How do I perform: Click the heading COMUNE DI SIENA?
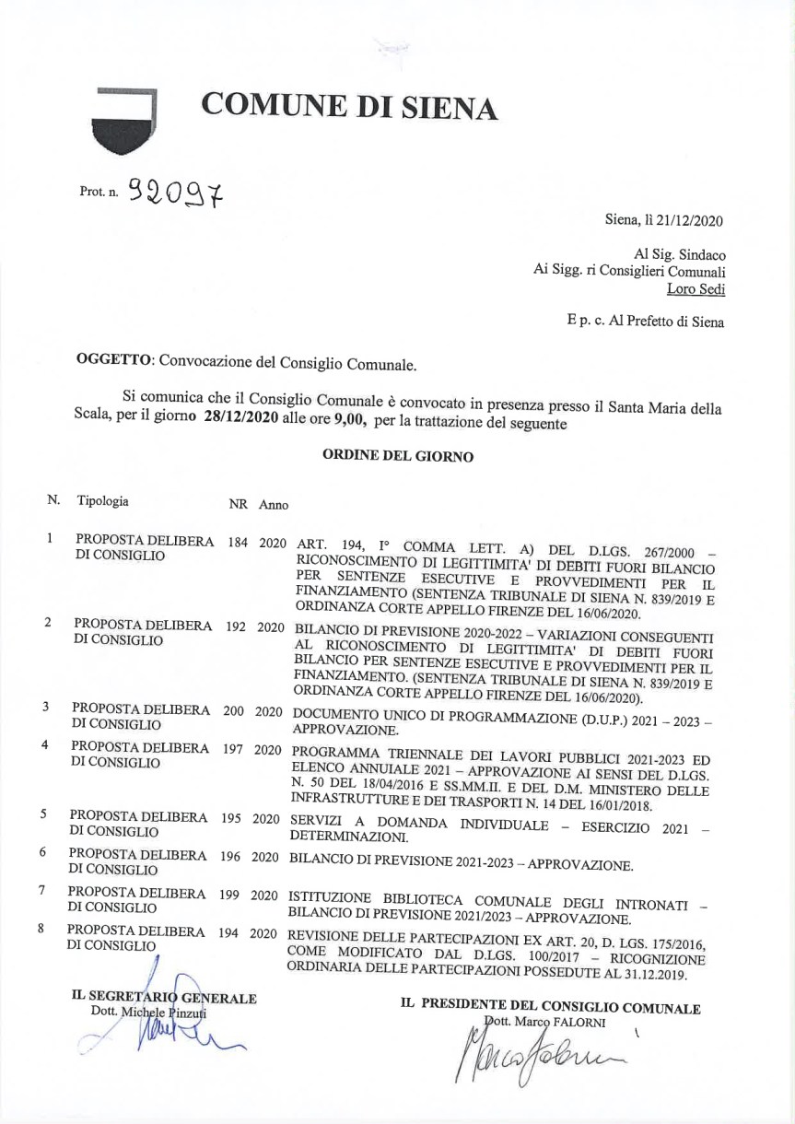coord(350,107)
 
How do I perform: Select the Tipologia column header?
coord(103,502)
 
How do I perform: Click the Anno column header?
coord(274,505)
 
